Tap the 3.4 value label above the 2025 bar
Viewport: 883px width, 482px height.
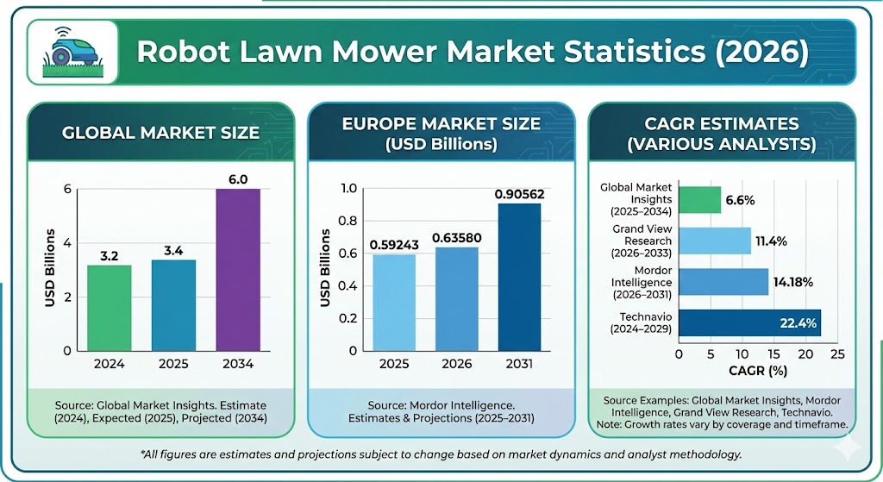point(173,250)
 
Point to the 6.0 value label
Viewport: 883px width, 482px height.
point(238,178)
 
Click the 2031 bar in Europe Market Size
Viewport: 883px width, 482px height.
point(519,277)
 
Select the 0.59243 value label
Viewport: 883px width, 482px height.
point(395,245)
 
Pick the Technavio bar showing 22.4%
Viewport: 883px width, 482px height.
point(749,323)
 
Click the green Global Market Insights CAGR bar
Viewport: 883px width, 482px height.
point(699,200)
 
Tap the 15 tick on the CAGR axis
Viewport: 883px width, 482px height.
point(773,354)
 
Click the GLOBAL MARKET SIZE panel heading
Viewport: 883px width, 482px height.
point(160,133)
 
